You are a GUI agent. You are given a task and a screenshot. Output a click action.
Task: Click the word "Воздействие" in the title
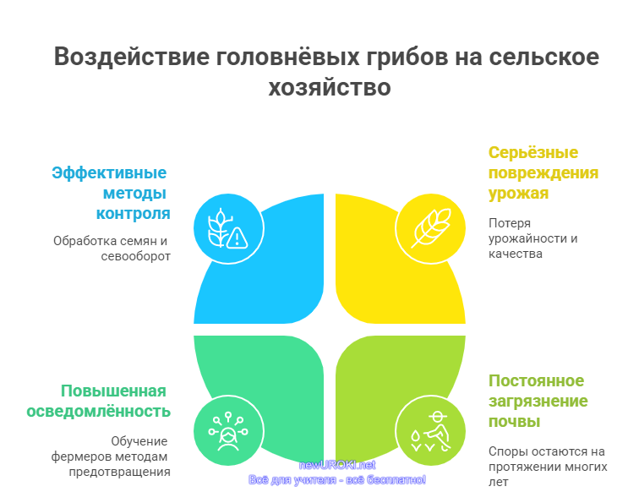tap(131, 57)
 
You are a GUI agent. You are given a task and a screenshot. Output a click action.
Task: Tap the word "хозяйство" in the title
tap(330, 87)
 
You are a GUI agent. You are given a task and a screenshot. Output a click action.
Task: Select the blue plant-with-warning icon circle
tap(228, 229)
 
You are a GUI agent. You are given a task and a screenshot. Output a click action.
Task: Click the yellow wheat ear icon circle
tap(430, 229)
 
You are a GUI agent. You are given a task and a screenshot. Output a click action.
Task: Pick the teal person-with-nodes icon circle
tap(228, 430)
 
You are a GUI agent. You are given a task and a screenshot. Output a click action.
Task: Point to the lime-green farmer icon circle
tap(430, 430)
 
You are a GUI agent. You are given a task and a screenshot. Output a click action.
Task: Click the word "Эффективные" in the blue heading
tap(109, 172)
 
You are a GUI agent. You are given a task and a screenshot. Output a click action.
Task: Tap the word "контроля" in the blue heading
tap(133, 213)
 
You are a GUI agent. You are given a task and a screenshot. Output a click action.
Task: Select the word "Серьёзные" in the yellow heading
tap(533, 152)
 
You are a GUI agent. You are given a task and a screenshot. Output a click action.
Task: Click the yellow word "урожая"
tap(518, 194)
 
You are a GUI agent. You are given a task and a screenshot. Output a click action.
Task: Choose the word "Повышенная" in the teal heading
tap(113, 391)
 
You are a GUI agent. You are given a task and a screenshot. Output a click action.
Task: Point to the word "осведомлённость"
tap(98, 412)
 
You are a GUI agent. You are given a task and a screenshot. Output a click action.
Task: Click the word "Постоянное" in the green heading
tap(536, 380)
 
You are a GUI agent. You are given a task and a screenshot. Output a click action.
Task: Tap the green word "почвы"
tap(514, 422)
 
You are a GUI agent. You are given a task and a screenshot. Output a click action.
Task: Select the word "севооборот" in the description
tap(136, 256)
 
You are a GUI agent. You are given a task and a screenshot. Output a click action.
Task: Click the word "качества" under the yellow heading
tap(515, 254)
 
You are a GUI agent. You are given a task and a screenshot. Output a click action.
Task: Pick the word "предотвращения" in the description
tap(119, 472)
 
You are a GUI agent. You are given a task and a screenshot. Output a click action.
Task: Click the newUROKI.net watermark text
tap(337, 465)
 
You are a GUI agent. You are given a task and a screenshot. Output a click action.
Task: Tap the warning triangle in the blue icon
tap(237, 238)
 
